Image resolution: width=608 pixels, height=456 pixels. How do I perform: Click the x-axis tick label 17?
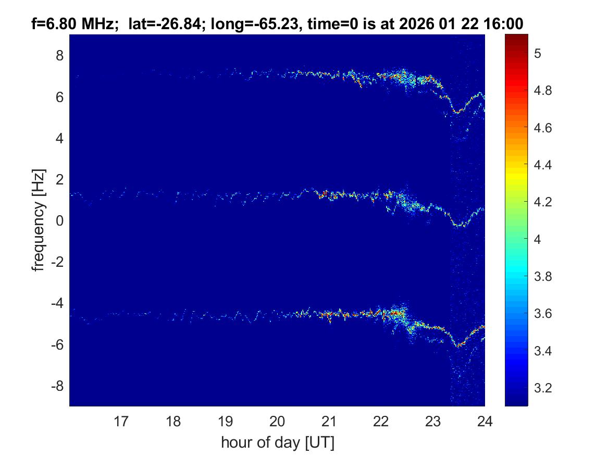pos(121,421)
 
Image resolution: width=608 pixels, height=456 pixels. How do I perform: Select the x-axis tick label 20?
pos(277,421)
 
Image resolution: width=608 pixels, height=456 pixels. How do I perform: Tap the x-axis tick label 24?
pos(485,421)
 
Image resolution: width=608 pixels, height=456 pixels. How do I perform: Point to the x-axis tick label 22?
pos(381,421)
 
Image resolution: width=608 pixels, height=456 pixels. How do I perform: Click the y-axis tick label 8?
pos(59,55)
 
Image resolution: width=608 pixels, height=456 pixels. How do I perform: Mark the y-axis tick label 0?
pos(59,221)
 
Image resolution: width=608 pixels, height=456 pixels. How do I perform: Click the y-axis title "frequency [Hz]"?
pos(38,220)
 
